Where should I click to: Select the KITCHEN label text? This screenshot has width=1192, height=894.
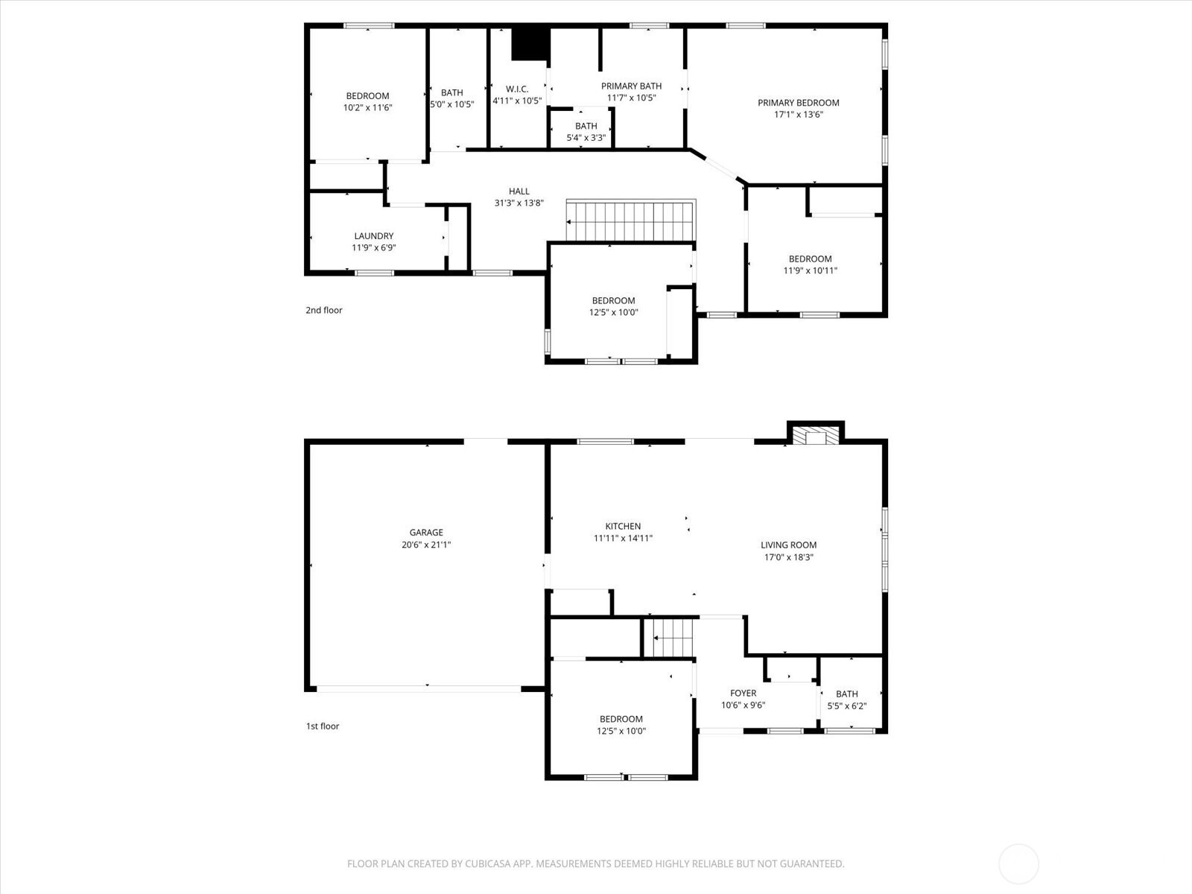623,526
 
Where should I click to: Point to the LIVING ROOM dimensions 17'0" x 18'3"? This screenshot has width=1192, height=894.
788,557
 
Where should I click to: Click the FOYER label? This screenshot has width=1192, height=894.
743,693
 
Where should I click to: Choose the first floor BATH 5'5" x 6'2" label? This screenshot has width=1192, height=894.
846,700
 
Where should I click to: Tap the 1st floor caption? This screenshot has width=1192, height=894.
323,726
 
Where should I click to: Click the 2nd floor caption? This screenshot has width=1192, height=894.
323,310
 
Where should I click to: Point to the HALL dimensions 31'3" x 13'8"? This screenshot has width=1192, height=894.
519,203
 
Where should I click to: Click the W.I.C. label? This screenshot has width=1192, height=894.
517,89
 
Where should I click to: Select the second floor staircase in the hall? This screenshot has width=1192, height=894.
630,221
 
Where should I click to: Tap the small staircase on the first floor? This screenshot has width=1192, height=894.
668,638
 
